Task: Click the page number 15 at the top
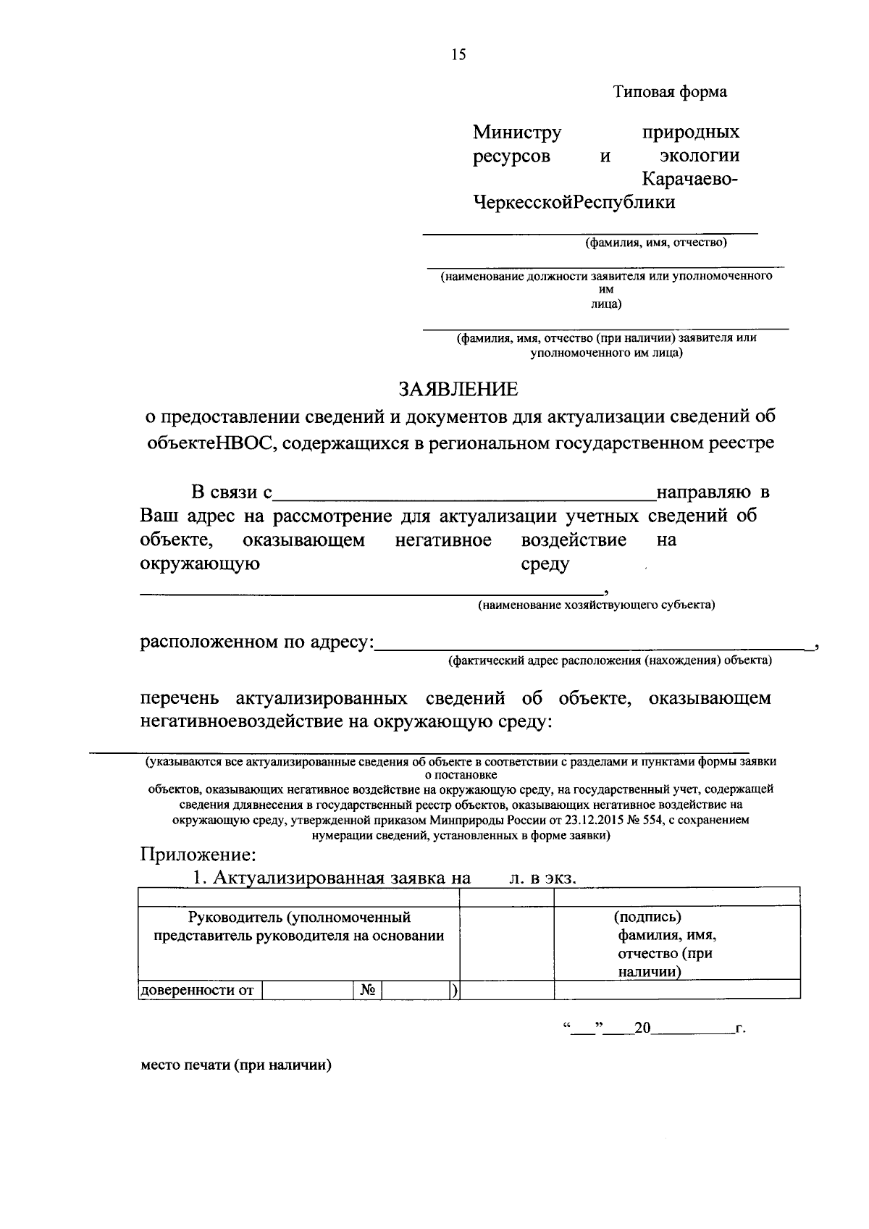click(458, 54)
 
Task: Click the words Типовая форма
click(670, 92)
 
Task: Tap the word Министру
click(517, 133)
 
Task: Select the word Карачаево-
click(690, 179)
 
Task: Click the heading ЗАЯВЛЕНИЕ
click(459, 390)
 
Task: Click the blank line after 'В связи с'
click(463, 495)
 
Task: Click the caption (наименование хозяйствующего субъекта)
click(596, 605)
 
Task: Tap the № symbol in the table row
click(367, 990)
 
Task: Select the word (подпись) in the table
click(647, 917)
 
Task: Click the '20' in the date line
click(642, 1028)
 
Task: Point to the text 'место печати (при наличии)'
click(235, 1065)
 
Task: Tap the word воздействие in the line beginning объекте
click(574, 540)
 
